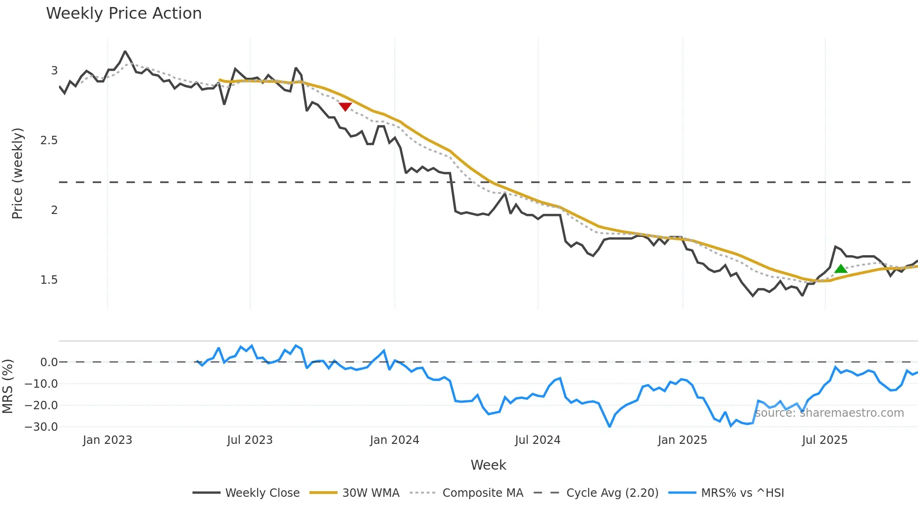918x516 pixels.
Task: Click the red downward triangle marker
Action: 345,107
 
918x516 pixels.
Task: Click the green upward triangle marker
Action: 841,269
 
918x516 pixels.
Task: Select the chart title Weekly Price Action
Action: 124,14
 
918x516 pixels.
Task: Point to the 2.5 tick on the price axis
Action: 49,140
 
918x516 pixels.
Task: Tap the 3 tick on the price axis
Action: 54,70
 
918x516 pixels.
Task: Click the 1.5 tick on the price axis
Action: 49,280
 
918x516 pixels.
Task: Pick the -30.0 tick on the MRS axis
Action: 41,427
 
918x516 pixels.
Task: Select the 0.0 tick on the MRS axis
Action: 49,362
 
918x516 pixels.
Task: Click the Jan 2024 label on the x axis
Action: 394,440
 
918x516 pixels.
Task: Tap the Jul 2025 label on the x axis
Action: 825,440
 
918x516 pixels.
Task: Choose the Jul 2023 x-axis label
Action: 250,440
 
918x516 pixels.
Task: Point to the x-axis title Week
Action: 488,465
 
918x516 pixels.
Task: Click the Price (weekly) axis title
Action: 17,173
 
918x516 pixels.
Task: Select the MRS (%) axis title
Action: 7,386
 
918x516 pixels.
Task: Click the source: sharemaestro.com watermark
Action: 829,413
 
